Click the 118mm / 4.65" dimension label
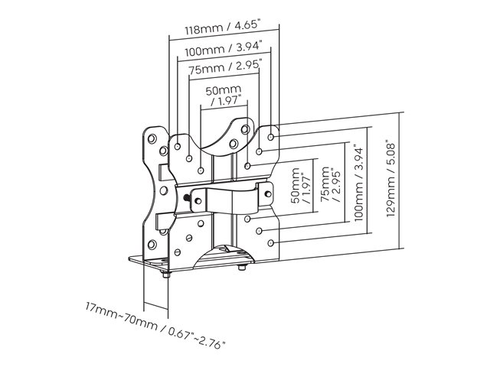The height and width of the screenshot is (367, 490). (x=223, y=28)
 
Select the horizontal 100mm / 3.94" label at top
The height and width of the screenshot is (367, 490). (x=223, y=49)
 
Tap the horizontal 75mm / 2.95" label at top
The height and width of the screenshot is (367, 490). (x=224, y=67)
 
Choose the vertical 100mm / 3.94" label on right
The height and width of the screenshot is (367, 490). (x=359, y=183)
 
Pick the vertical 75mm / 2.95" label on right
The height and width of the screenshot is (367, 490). (x=331, y=184)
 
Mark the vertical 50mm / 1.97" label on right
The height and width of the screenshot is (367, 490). (x=301, y=186)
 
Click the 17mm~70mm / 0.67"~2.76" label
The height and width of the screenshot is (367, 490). (x=155, y=325)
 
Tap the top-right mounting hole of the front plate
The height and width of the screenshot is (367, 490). (x=271, y=137)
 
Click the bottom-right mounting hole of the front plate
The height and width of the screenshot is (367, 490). (x=271, y=243)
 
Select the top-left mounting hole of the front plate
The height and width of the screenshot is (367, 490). (x=178, y=146)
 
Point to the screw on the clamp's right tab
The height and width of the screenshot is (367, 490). (x=268, y=193)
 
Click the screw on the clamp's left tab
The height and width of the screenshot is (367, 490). (x=198, y=200)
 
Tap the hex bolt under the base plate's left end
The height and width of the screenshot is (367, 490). (x=166, y=274)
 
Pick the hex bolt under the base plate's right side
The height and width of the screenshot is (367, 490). (x=242, y=267)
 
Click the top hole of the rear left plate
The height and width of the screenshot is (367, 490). (x=152, y=138)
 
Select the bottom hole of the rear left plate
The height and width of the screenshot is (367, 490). (x=152, y=245)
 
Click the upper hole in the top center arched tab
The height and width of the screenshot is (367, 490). (x=245, y=129)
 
